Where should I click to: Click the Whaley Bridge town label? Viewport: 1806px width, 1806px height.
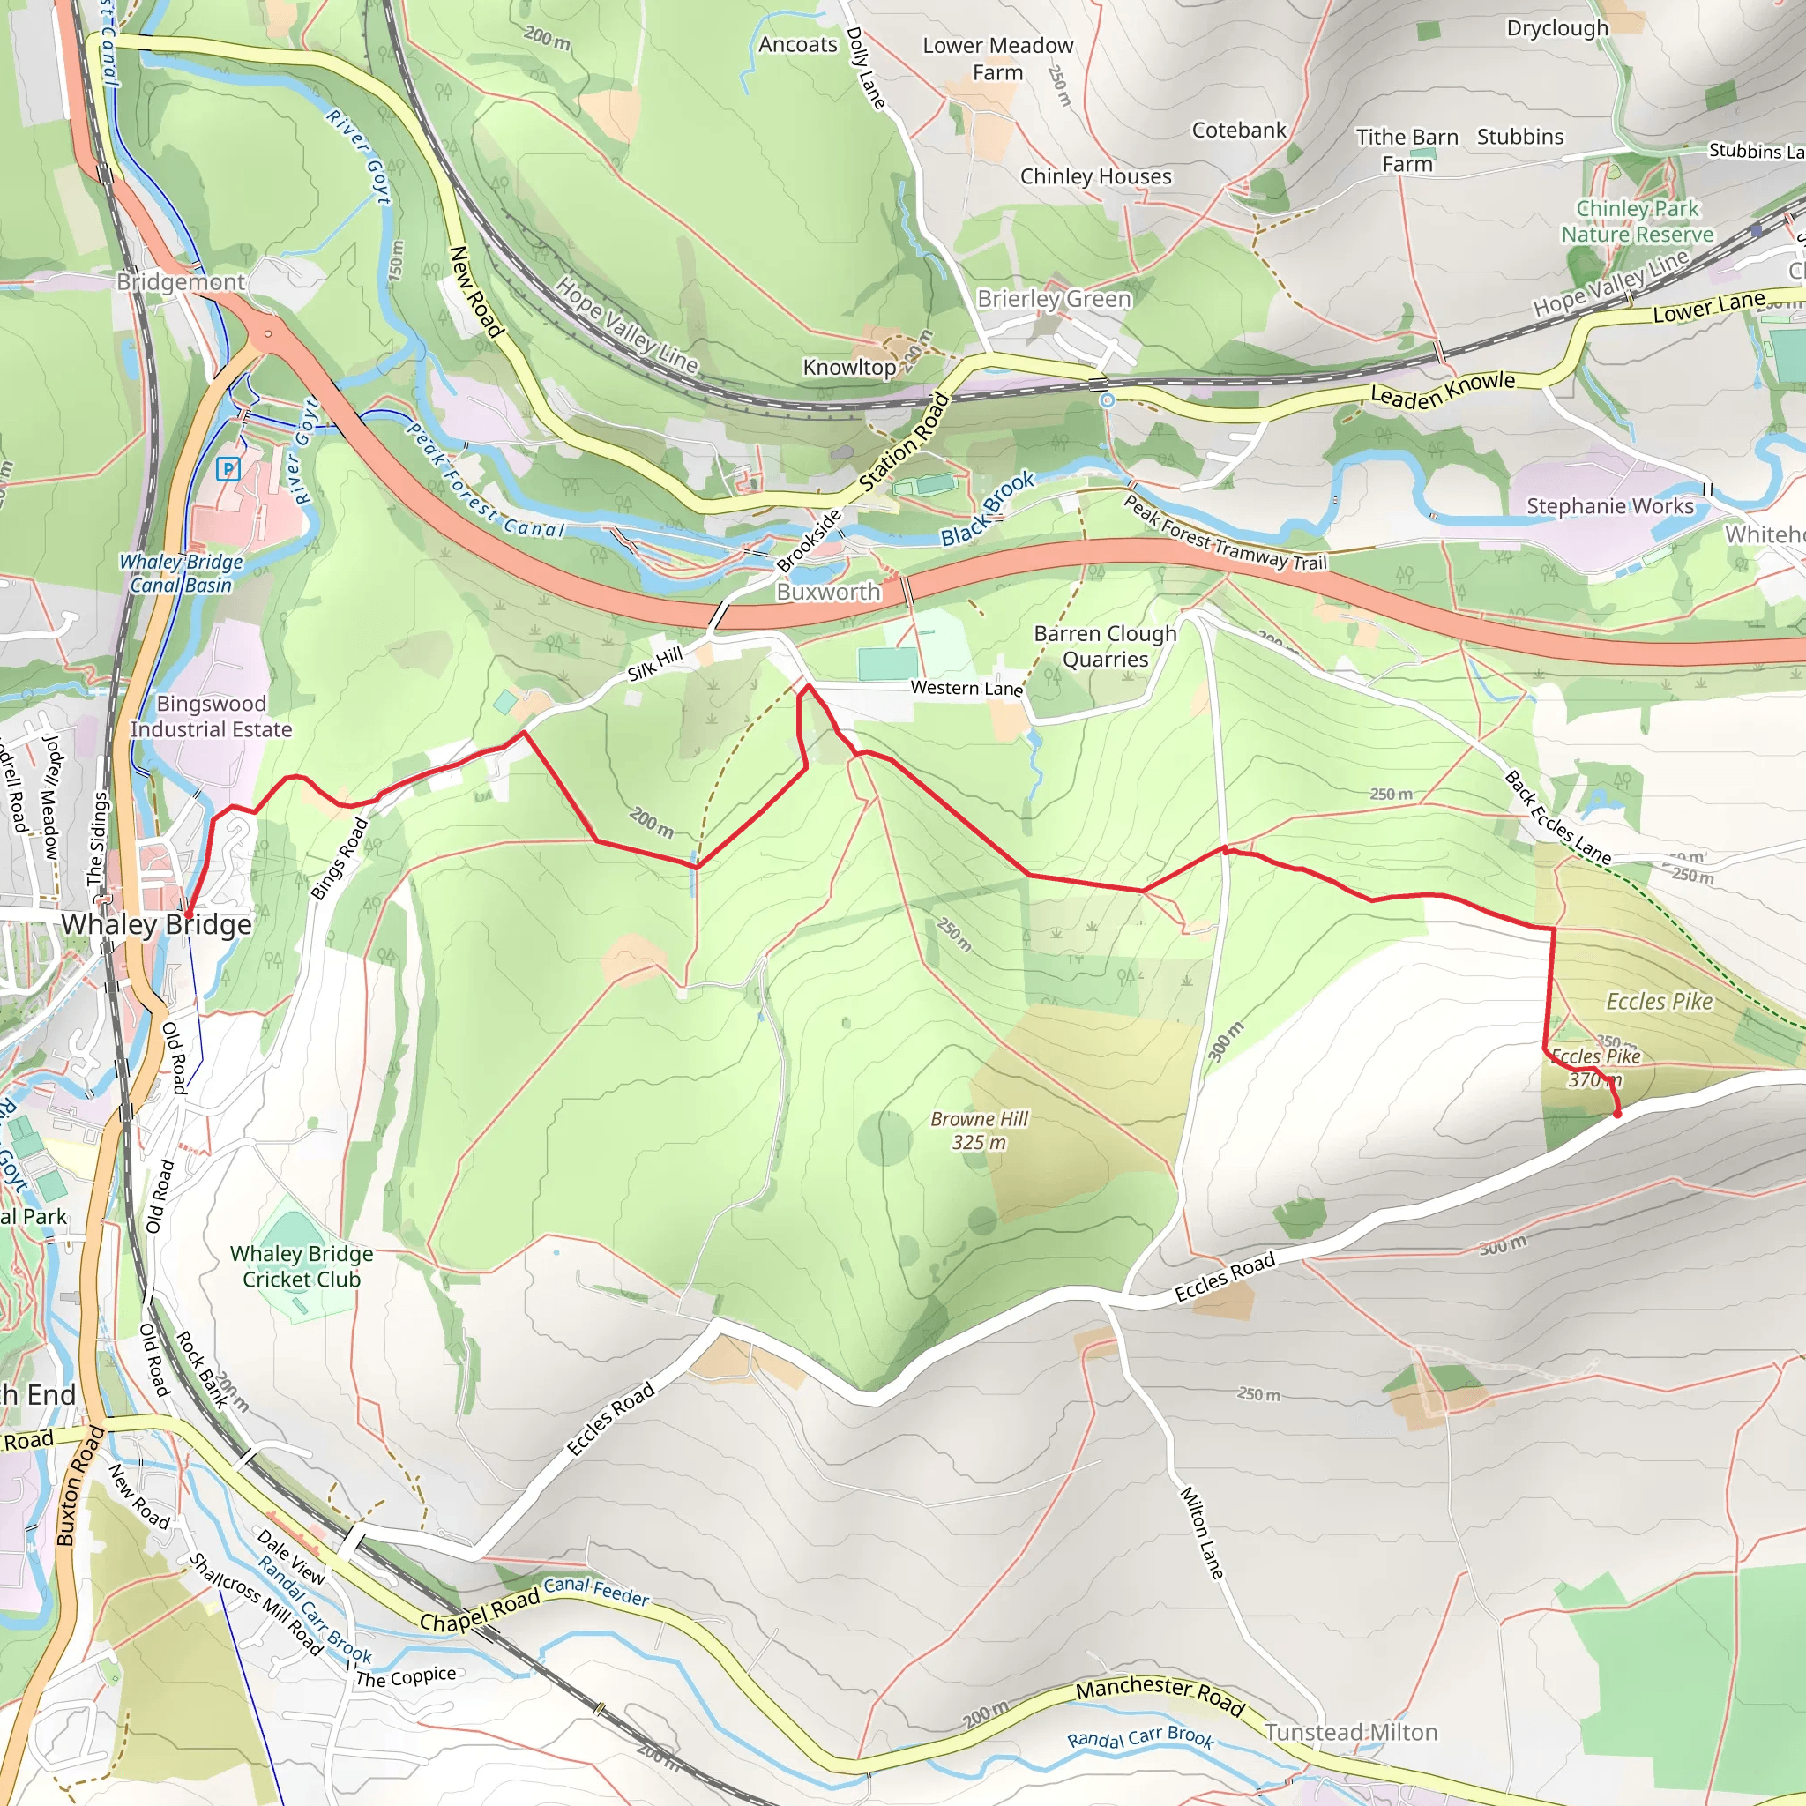click(x=156, y=924)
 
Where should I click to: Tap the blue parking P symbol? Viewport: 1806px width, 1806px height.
click(x=228, y=469)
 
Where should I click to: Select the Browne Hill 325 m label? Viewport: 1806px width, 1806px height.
click(x=979, y=1131)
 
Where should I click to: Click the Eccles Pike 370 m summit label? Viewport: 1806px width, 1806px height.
click(x=1595, y=1068)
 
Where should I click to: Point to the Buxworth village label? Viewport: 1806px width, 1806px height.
click(x=828, y=592)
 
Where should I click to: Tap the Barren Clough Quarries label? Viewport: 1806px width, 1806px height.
click(x=1105, y=646)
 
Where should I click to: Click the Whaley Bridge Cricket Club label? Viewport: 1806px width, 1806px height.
click(x=301, y=1266)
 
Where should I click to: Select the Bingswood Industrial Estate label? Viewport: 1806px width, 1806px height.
click(x=211, y=716)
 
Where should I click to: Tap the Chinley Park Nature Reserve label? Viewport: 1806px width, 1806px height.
click(x=1637, y=221)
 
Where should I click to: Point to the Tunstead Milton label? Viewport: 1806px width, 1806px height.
click(x=1351, y=1732)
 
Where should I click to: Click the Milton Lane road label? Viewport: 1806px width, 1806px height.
click(x=1201, y=1533)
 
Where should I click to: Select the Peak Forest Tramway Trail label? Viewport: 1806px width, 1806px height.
click(x=1225, y=534)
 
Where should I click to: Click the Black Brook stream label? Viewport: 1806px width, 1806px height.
click(x=987, y=509)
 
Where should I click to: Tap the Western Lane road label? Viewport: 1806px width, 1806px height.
click(x=966, y=688)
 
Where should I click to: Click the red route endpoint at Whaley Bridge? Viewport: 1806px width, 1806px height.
click(x=187, y=914)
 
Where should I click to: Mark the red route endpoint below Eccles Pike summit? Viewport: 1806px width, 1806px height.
click(x=1617, y=1114)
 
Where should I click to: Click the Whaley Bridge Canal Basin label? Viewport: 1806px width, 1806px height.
click(x=181, y=573)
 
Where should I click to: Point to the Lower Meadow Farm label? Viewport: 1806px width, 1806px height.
click(x=997, y=58)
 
